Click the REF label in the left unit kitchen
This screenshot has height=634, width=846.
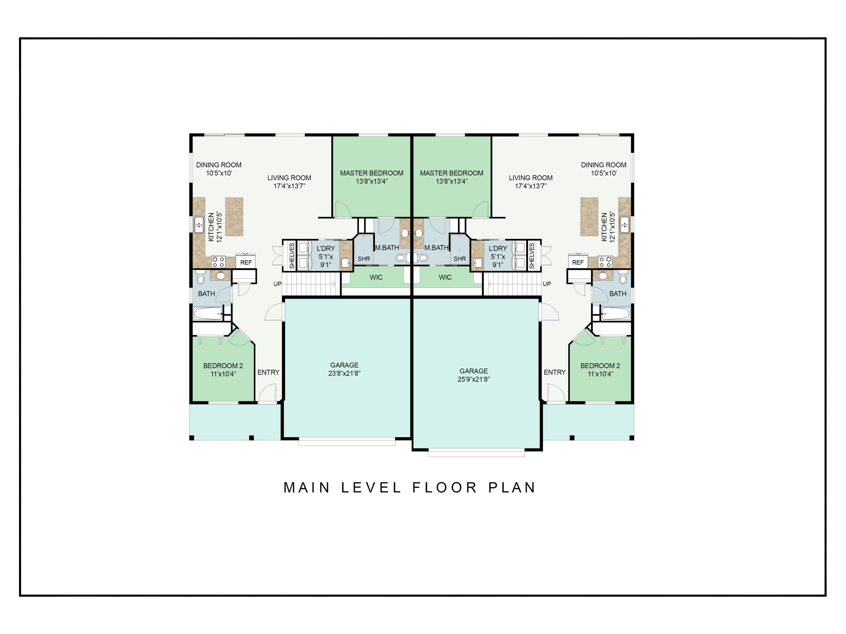[246, 263]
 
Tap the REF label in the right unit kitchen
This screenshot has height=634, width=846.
[578, 263]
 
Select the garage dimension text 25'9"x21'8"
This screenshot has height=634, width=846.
[473, 379]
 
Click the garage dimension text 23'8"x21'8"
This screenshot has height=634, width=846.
[344, 373]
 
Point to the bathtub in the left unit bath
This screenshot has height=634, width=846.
[208, 314]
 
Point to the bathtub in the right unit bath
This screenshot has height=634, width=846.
[615, 314]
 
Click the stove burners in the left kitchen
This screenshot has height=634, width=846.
[218, 262]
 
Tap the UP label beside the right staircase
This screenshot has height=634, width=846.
[547, 284]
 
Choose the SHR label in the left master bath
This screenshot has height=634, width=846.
[364, 259]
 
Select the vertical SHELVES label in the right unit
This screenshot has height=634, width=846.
[532, 256]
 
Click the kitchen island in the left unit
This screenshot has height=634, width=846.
[234, 217]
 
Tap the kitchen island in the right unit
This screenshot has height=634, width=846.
[589, 217]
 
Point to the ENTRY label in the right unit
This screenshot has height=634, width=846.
[555, 372]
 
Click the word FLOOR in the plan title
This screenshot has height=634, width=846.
[445, 488]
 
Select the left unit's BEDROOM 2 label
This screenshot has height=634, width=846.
[223, 366]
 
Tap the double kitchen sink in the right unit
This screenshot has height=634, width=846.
[625, 224]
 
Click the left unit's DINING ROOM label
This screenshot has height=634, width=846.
[219, 165]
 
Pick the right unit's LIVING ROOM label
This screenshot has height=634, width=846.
[530, 178]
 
